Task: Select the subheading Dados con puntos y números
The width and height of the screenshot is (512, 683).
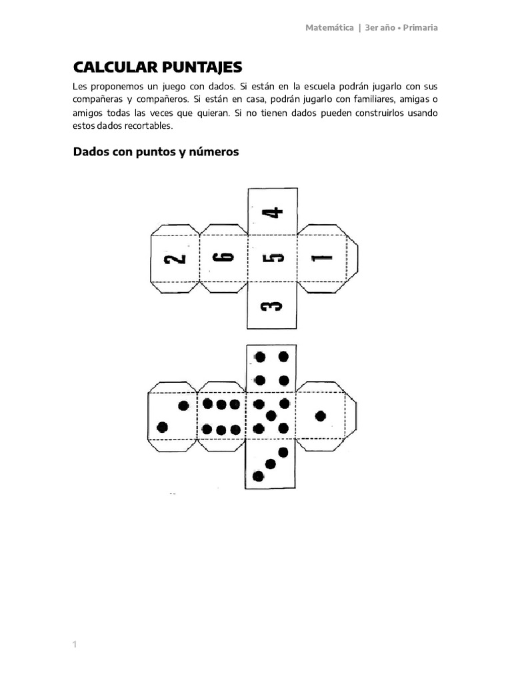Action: pyautogui.click(x=155, y=151)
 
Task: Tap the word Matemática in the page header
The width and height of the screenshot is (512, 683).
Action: pyautogui.click(x=329, y=28)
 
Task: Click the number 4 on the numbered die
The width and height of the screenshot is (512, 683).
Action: pyautogui.click(x=272, y=213)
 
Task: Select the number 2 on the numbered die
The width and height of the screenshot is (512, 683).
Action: pyautogui.click(x=176, y=259)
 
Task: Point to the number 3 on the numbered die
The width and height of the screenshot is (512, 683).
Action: pyautogui.click(x=272, y=306)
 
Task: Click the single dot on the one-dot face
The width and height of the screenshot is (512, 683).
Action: pyautogui.click(x=320, y=416)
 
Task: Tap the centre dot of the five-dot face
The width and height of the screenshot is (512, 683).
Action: pyautogui.click(x=271, y=416)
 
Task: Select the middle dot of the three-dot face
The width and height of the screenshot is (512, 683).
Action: pyautogui.click(x=271, y=464)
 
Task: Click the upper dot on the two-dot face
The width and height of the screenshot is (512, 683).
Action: pyautogui.click(x=183, y=406)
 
